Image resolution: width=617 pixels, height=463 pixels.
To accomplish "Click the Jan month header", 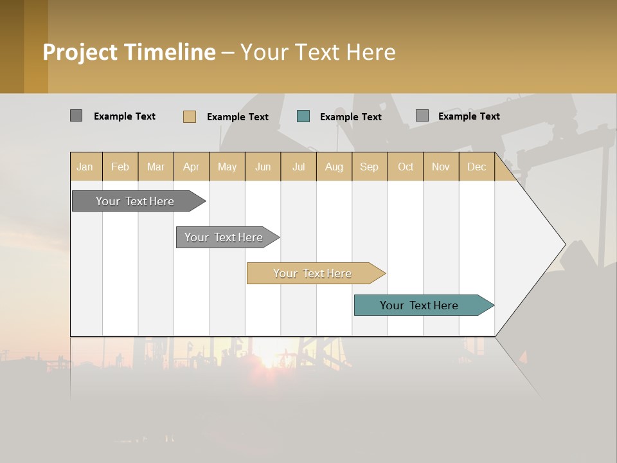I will click(85, 167).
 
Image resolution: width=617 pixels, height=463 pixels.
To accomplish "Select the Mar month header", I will click(156, 167).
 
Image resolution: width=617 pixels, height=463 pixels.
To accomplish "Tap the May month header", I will click(227, 167).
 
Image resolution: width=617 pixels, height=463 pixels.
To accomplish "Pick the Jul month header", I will click(298, 167).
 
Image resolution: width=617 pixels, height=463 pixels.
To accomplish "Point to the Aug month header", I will click(334, 167).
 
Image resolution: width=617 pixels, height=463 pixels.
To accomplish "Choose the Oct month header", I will click(406, 167).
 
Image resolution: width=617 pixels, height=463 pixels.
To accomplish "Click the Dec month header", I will click(476, 167).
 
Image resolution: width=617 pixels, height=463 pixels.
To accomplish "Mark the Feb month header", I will click(120, 167).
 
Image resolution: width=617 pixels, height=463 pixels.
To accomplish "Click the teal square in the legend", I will click(303, 116).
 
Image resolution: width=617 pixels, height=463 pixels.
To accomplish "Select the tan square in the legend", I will click(190, 116).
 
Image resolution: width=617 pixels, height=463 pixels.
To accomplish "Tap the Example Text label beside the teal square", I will click(351, 116).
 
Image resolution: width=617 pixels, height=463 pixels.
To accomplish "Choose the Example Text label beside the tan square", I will click(238, 116).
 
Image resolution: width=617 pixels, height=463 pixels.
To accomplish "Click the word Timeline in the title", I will click(170, 52).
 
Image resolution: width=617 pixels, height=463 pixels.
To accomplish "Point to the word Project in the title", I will click(80, 52).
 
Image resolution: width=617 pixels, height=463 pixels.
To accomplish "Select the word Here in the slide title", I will click(370, 52).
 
